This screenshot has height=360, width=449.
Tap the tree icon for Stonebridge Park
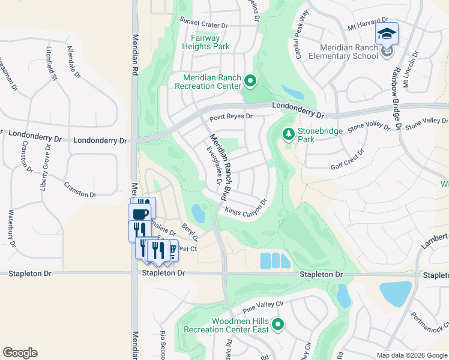pos(288,134)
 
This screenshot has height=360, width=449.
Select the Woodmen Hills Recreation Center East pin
pos(277,325)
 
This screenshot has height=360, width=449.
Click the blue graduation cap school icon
pos(387,34)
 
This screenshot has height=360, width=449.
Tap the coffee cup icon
pos(139,214)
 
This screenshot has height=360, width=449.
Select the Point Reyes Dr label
pos(231,116)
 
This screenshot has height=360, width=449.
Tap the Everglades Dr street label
pos(214,165)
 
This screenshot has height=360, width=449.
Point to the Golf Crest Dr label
pos(348,160)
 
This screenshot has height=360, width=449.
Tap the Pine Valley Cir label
pos(262,308)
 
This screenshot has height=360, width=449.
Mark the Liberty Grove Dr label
pos(44,172)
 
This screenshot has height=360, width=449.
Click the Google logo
pos(20,353)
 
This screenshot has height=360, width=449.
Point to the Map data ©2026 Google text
pos(411,355)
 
